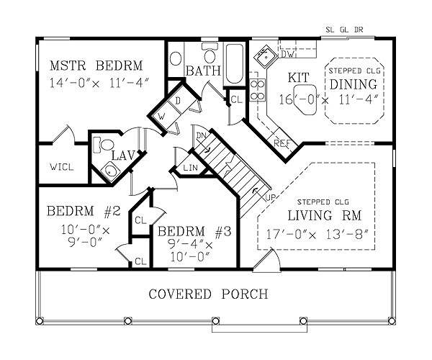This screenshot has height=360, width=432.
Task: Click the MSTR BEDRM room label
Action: pyautogui.click(x=96, y=66)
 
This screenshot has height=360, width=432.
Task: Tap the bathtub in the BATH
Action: pyautogui.click(x=235, y=64)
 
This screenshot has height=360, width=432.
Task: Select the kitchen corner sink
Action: pyautogui.click(x=266, y=56)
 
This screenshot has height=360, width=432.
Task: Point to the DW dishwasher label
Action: pyautogui.click(x=287, y=54)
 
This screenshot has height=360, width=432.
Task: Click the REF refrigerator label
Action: pyautogui.click(x=282, y=143)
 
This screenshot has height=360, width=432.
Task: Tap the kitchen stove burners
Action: pyautogui.click(x=258, y=90)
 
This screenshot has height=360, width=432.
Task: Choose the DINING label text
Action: pyautogui.click(x=354, y=84)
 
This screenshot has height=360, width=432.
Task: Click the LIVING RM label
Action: pyautogui.click(x=325, y=215)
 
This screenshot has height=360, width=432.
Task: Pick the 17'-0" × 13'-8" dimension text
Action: pyautogui.click(x=317, y=234)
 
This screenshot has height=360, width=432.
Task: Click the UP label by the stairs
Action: pyautogui.click(x=271, y=197)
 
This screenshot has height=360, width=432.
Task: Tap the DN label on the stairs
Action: pyautogui.click(x=201, y=135)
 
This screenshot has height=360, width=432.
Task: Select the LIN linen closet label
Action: pyautogui.click(x=190, y=167)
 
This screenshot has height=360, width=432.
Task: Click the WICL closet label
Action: pyautogui.click(x=62, y=166)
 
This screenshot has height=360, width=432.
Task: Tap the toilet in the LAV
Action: pyautogui.click(x=103, y=145)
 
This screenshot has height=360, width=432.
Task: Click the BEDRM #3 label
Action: pyautogui.click(x=194, y=231)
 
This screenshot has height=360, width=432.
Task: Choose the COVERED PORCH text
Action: pyautogui.click(x=208, y=294)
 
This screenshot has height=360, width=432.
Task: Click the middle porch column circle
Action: pyautogui.click(x=215, y=321)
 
